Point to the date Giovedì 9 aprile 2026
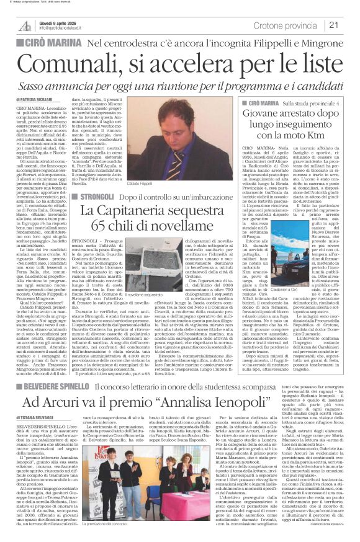click(x=59, y=21)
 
